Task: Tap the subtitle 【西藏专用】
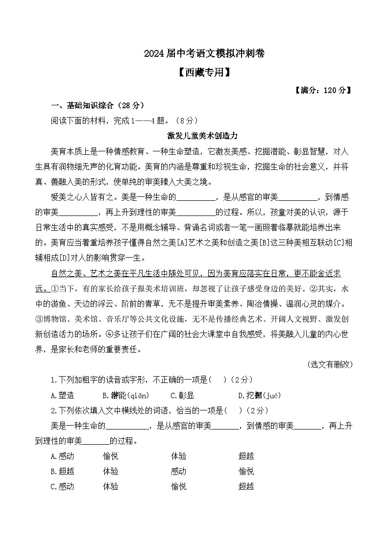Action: tap(194, 72)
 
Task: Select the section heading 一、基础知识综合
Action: tap(97, 105)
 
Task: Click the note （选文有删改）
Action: tap(330, 364)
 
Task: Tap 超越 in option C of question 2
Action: tap(246, 486)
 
